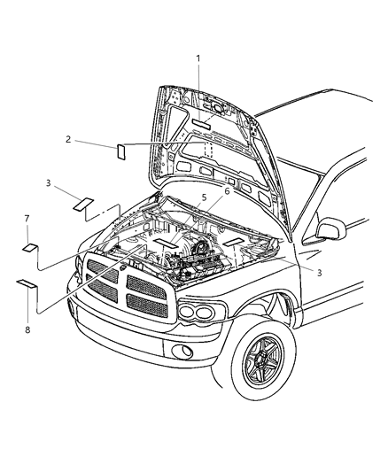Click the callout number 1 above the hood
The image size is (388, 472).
point(198,58)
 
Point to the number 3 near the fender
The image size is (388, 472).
point(319,273)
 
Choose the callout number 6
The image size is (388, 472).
point(226,190)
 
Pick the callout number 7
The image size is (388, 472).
point(27,218)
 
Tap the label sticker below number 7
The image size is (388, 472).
point(30,247)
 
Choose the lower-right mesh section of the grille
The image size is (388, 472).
point(146,304)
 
